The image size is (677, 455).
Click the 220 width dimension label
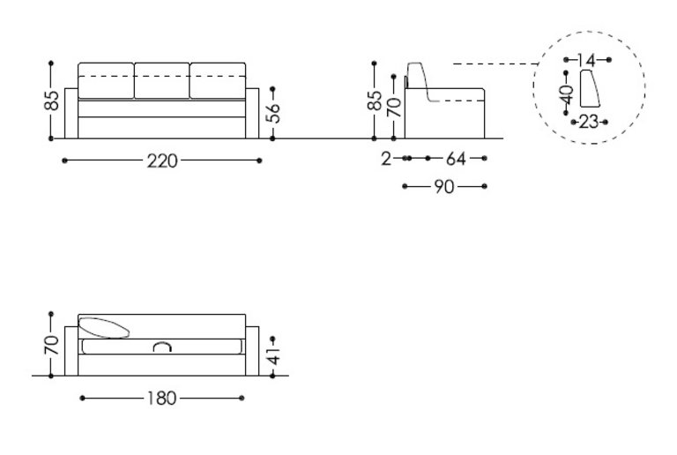click(162, 160)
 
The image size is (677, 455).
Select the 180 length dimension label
click(161, 399)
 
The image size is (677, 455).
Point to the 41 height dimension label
click(274, 354)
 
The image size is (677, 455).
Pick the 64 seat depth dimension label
click(456, 160)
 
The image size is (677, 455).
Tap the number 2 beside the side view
click(386, 160)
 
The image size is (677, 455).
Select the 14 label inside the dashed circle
click(586, 60)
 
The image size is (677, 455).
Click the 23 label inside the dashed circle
click(589, 122)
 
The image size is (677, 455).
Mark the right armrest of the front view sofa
click(252, 114)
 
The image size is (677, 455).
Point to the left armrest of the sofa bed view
click(71, 350)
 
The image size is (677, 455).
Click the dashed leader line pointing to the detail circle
click(494, 63)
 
